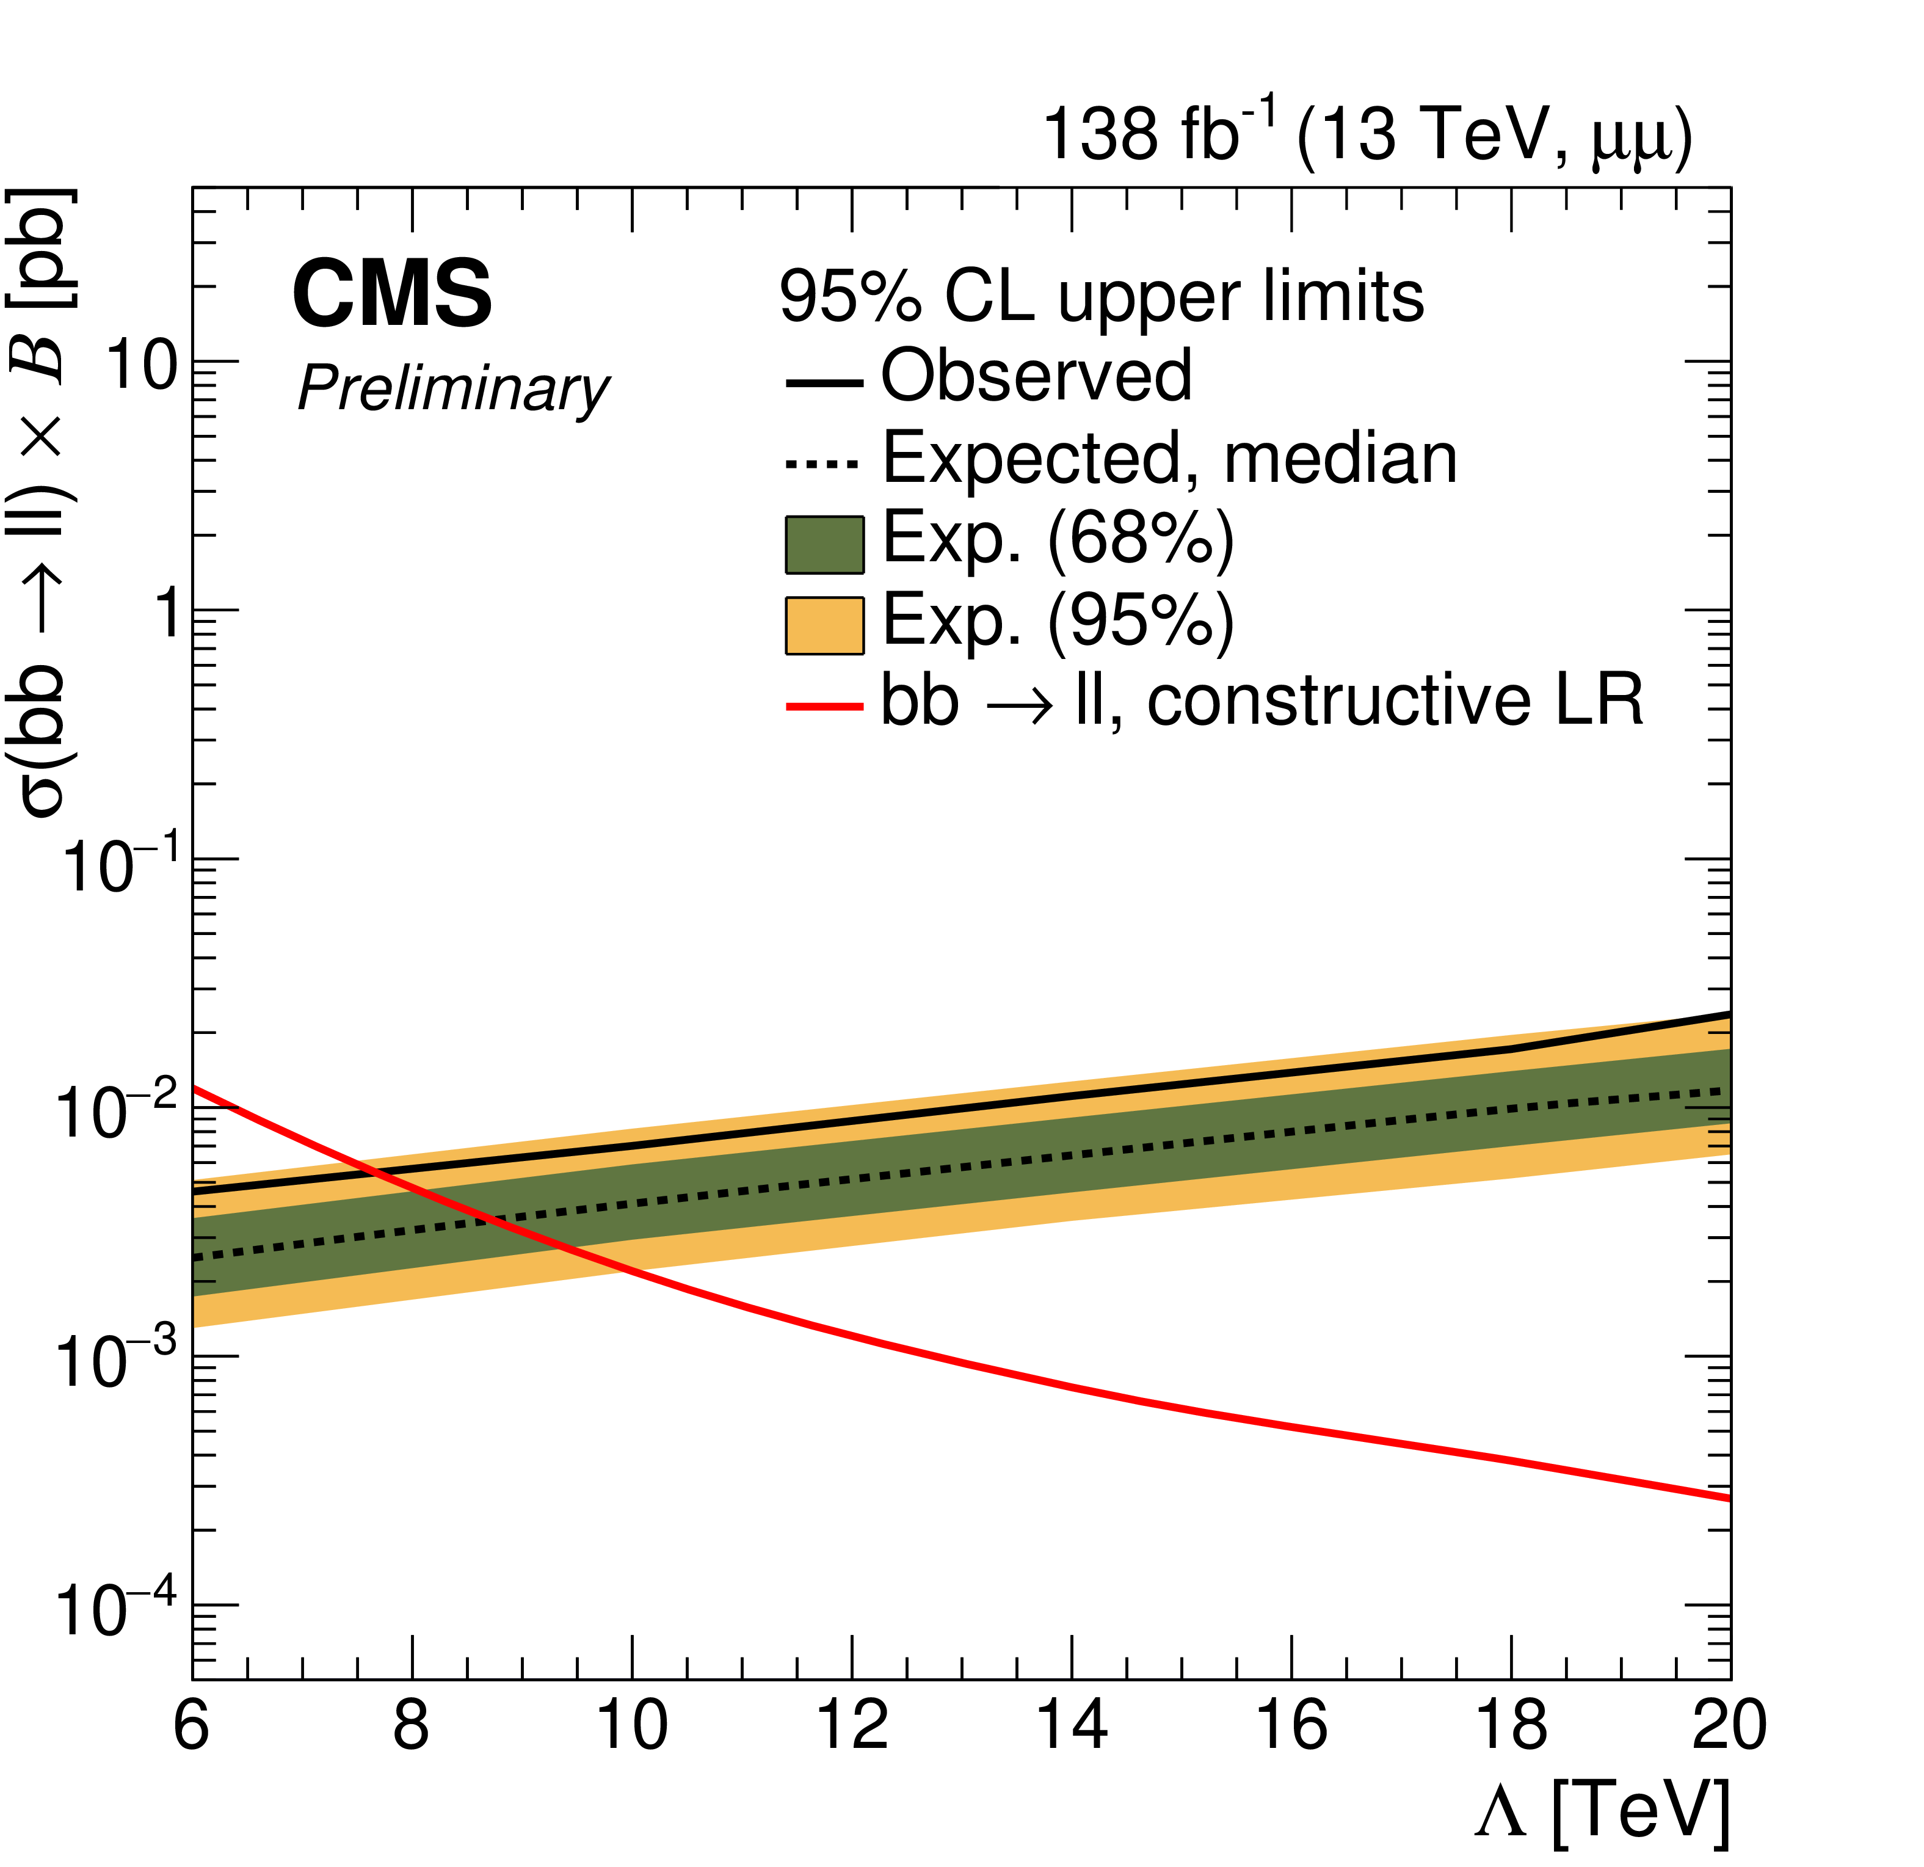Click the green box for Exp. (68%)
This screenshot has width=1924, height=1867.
point(824,545)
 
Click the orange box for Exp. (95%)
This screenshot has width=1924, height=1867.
point(824,625)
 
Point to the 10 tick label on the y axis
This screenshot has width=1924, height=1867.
point(142,369)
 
